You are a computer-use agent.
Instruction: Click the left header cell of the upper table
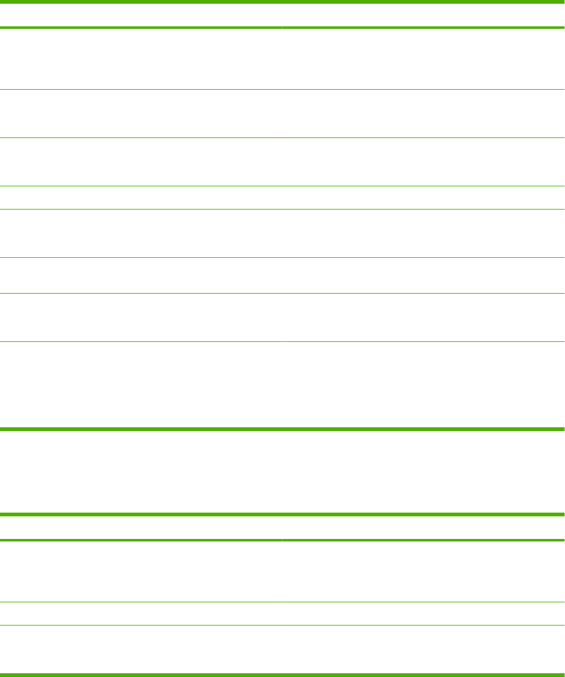coord(141,15)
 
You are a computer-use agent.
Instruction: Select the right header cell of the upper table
coord(423,15)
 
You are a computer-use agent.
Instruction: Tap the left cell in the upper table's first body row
coord(141,59)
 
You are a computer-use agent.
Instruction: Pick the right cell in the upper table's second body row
coord(423,114)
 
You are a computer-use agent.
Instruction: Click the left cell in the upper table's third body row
coord(141,162)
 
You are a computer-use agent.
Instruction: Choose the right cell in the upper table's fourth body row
coord(423,198)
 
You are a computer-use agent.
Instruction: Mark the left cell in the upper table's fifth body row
coord(141,233)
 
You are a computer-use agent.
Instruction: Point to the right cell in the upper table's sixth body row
coord(423,275)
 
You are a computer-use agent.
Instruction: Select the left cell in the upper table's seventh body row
coord(141,317)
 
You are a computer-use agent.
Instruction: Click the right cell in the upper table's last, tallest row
coord(423,385)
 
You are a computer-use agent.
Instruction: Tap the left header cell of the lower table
coord(141,528)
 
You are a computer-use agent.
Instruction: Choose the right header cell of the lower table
coord(423,528)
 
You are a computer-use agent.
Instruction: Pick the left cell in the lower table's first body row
coord(141,572)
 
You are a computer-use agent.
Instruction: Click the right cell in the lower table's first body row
coord(423,572)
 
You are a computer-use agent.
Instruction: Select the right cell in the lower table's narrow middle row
coord(423,614)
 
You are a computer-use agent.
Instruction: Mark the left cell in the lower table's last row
coord(141,649)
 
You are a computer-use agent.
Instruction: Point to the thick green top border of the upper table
coord(282,2)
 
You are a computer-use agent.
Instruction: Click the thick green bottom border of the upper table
coord(282,429)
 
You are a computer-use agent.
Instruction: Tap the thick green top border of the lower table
coord(282,514)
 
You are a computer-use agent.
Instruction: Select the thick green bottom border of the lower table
coord(282,675)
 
